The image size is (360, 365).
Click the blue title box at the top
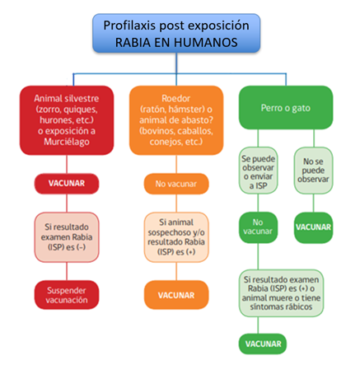coord(176,33)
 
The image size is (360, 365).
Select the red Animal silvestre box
coord(67,120)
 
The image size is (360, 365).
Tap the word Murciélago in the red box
coord(67,142)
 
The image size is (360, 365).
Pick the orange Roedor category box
coord(176,120)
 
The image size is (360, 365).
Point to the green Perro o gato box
coord(286,108)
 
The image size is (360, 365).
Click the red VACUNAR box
coord(67,184)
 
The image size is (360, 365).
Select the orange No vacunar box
coord(176,184)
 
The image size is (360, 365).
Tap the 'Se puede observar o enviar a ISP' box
coord(258,171)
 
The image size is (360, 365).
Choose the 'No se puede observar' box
coord(314,171)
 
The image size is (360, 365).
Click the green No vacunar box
coord(258,227)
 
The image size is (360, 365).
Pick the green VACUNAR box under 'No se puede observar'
coord(314,227)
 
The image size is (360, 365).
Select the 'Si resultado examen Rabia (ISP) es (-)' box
coord(67,237)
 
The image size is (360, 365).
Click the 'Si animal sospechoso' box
coord(176,237)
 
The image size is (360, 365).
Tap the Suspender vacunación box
coord(67,295)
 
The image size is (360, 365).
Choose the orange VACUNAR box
coord(176,295)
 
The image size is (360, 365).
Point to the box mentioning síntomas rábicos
coord(282,293)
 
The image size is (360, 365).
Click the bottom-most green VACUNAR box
coord(263,344)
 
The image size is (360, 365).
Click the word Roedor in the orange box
coord(176,98)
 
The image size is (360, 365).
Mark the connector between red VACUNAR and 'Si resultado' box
coord(67,203)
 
